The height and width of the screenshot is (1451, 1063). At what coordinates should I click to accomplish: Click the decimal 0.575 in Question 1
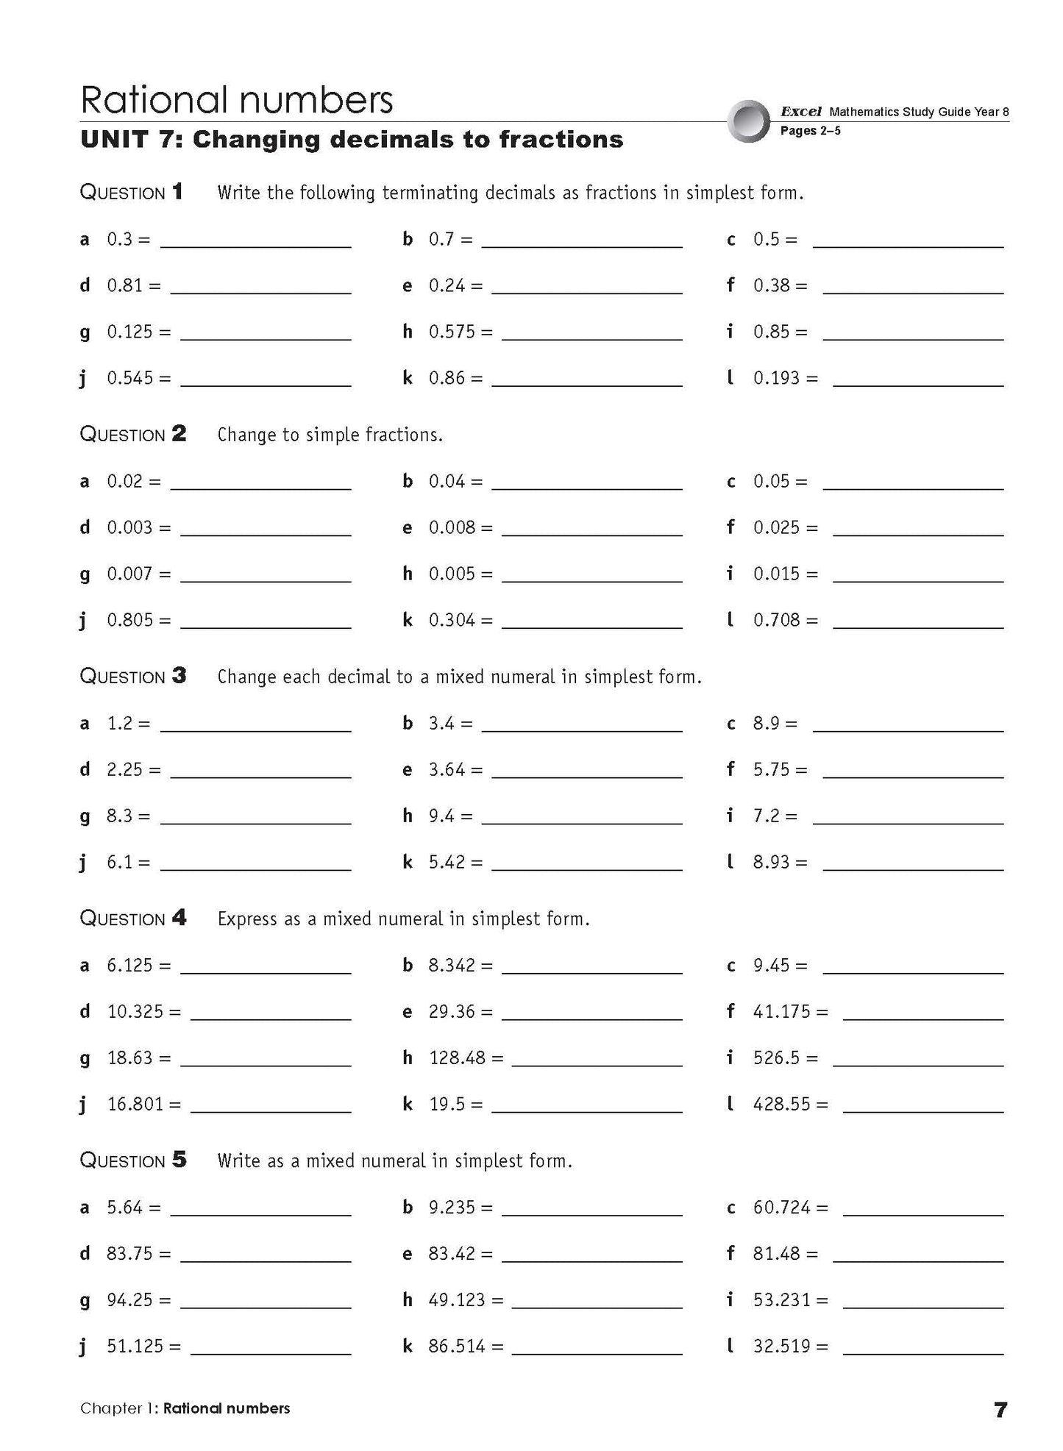[x=452, y=332]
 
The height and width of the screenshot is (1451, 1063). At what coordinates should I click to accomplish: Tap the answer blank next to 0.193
[x=918, y=382]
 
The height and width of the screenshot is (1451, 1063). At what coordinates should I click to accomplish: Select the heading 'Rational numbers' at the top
[x=236, y=99]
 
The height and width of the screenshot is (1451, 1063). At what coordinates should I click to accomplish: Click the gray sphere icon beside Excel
[x=748, y=121]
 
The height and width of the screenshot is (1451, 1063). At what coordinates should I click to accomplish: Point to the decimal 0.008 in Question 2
[x=452, y=527]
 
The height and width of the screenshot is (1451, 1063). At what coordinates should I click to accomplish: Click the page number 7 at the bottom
[x=1000, y=1409]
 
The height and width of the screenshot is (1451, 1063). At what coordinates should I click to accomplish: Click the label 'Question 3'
[x=132, y=676]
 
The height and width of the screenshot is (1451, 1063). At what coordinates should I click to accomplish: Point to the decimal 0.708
[x=776, y=620]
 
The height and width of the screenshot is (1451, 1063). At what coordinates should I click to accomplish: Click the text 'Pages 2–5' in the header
[x=810, y=131]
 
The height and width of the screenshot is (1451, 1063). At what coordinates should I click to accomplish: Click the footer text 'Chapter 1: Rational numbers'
[x=185, y=1408]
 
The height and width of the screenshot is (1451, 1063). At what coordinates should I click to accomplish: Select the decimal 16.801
[x=135, y=1104]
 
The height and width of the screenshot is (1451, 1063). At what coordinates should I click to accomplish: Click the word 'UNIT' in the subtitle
[x=112, y=140]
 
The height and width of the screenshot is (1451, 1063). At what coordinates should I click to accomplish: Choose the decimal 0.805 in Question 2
[x=129, y=620]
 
